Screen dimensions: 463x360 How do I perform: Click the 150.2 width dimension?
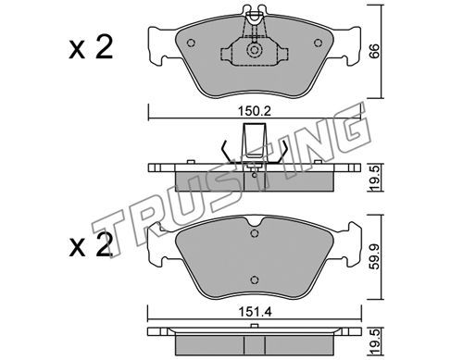point(255,111)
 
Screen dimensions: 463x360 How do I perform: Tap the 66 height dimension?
point(374,51)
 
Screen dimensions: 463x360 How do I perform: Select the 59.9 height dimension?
point(374,256)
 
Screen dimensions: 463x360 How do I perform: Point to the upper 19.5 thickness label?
point(374,178)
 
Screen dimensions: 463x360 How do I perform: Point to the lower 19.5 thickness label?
point(374,341)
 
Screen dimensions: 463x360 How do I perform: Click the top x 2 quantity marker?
point(91,48)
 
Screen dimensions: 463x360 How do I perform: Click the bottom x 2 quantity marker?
point(91,245)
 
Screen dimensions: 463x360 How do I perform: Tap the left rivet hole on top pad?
point(192,43)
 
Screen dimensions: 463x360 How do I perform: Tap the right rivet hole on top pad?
point(318,43)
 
